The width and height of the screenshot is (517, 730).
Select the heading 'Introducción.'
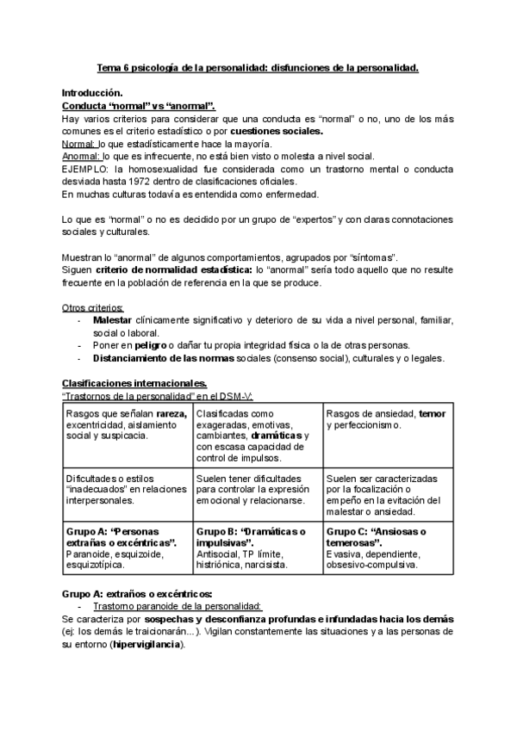pyautogui.click(x=92, y=92)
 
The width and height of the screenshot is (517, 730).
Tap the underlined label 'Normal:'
pyautogui.click(x=79, y=144)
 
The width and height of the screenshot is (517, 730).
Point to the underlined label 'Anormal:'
pyautogui.click(x=82, y=157)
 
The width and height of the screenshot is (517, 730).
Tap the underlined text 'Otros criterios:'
pyautogui.click(x=93, y=307)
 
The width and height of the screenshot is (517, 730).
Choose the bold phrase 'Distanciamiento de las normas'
pyautogui.click(x=162, y=358)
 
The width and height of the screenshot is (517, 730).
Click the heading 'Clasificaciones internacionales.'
pyautogui.click(x=134, y=383)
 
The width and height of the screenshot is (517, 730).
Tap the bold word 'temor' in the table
pyautogui.click(x=433, y=413)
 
